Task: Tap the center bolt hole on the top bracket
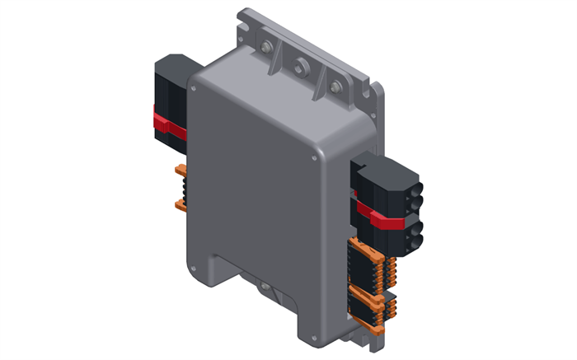(302, 64)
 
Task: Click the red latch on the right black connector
(387, 218)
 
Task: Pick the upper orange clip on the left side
(181, 171)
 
